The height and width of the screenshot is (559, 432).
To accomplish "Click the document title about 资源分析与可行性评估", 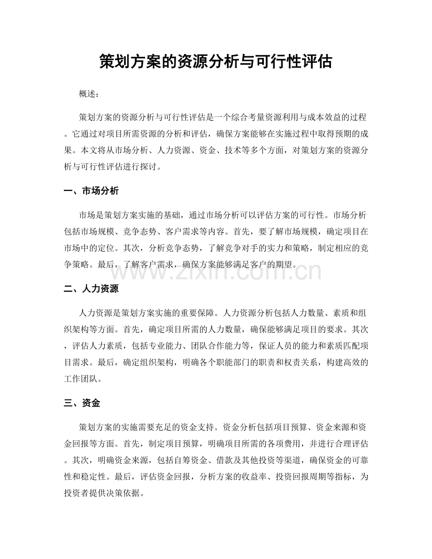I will coord(216,61).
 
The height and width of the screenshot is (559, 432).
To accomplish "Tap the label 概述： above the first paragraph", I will coord(89,94).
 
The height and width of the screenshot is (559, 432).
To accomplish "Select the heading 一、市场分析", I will coord(91,191).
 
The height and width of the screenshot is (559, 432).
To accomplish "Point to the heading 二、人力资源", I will coord(91,290).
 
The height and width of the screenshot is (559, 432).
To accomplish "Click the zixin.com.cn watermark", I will coord(216,272).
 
